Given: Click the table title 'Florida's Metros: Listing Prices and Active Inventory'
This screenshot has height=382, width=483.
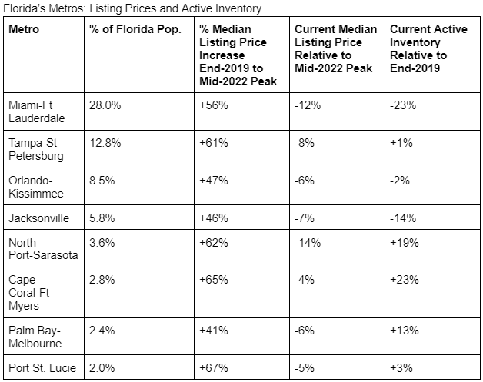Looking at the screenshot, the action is point(132,8).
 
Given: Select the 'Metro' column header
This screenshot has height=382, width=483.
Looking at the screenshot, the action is point(24,29).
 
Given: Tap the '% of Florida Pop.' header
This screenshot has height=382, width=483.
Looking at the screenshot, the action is point(135,29).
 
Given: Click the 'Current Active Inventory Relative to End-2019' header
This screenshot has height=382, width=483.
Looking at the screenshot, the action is point(428,48).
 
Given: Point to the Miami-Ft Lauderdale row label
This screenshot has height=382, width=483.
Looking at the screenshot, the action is point(37,111).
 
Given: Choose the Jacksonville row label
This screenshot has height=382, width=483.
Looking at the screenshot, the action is point(38,218).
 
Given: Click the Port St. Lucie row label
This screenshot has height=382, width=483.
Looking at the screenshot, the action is point(42,368).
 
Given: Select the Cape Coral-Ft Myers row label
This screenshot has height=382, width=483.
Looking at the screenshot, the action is point(28,293).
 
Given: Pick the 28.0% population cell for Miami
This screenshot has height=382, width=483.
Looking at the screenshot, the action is point(105,105).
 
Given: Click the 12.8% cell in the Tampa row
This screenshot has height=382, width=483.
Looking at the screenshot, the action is point(105,143).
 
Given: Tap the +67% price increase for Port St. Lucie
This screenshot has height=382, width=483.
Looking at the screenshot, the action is point(214,368).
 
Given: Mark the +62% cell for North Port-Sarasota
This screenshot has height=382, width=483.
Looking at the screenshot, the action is point(214,243).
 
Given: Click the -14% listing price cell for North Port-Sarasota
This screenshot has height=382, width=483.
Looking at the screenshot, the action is point(308,243).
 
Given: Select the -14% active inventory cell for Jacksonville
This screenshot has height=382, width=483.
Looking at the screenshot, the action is point(403,218).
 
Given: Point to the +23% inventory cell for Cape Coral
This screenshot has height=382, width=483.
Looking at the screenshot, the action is point(405,280).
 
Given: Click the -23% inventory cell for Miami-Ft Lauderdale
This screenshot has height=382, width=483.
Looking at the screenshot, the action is point(403,105).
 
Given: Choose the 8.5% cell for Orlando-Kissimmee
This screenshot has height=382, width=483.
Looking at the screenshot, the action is point(102,181).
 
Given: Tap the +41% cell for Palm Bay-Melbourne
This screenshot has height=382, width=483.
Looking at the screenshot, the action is point(214,331).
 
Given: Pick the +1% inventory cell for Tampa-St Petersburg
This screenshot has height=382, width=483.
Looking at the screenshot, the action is point(401,143).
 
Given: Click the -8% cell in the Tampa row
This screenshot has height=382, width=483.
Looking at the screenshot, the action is point(305,143).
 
